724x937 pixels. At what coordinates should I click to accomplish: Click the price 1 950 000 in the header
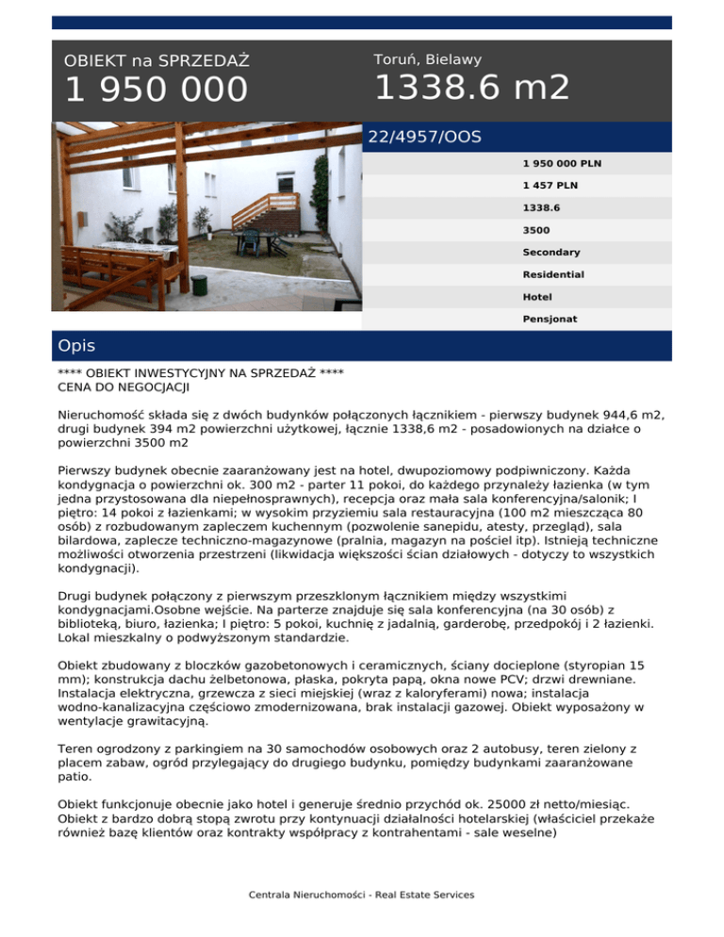coord(156,90)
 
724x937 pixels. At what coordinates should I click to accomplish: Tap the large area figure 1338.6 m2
coord(471,88)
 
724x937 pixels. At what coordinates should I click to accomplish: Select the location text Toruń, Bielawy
coord(427,59)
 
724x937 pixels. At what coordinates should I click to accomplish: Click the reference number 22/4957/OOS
coord(424,138)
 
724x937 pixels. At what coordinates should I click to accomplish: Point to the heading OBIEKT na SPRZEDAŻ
coord(156,61)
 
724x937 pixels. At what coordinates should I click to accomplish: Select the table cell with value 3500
coord(536,229)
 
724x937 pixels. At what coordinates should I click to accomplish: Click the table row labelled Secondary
coord(551,252)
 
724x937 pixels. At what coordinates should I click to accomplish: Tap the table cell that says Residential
coord(553,274)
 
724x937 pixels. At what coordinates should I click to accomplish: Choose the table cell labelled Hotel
coord(537,296)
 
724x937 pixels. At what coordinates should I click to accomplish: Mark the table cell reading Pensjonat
coord(551,319)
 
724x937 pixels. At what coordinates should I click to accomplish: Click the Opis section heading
coord(76,346)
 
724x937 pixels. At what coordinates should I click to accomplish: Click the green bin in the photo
coord(200,282)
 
